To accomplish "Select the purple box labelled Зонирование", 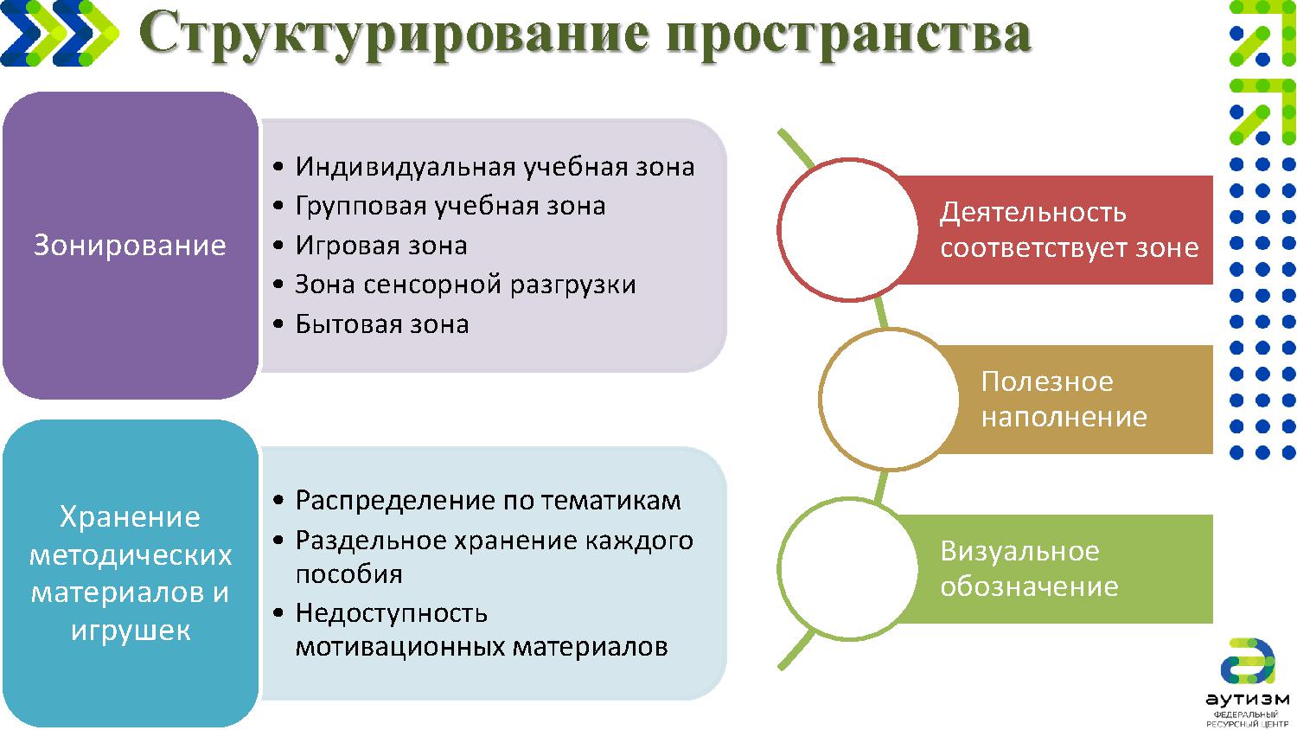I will [130, 246].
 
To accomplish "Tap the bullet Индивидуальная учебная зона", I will [494, 166].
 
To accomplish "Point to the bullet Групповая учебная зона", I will [450, 206].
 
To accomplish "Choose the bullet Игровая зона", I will [380, 246].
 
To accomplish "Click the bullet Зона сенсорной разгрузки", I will [465, 285].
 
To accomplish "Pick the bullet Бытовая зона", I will [381, 324].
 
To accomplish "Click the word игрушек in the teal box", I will [131, 630].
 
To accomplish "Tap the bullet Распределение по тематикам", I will [488, 500].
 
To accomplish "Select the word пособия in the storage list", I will [348, 574].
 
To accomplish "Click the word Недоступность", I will [391, 613].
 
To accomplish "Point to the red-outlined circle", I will [847, 230].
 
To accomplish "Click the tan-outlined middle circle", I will [889, 400].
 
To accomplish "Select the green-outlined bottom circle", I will [847, 569].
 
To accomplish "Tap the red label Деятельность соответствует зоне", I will [1069, 230].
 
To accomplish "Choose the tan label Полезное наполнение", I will [1064, 400].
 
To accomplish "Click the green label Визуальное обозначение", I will [1029, 569].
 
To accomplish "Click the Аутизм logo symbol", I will [1247, 663].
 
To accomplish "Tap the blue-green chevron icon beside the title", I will [59, 33].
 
